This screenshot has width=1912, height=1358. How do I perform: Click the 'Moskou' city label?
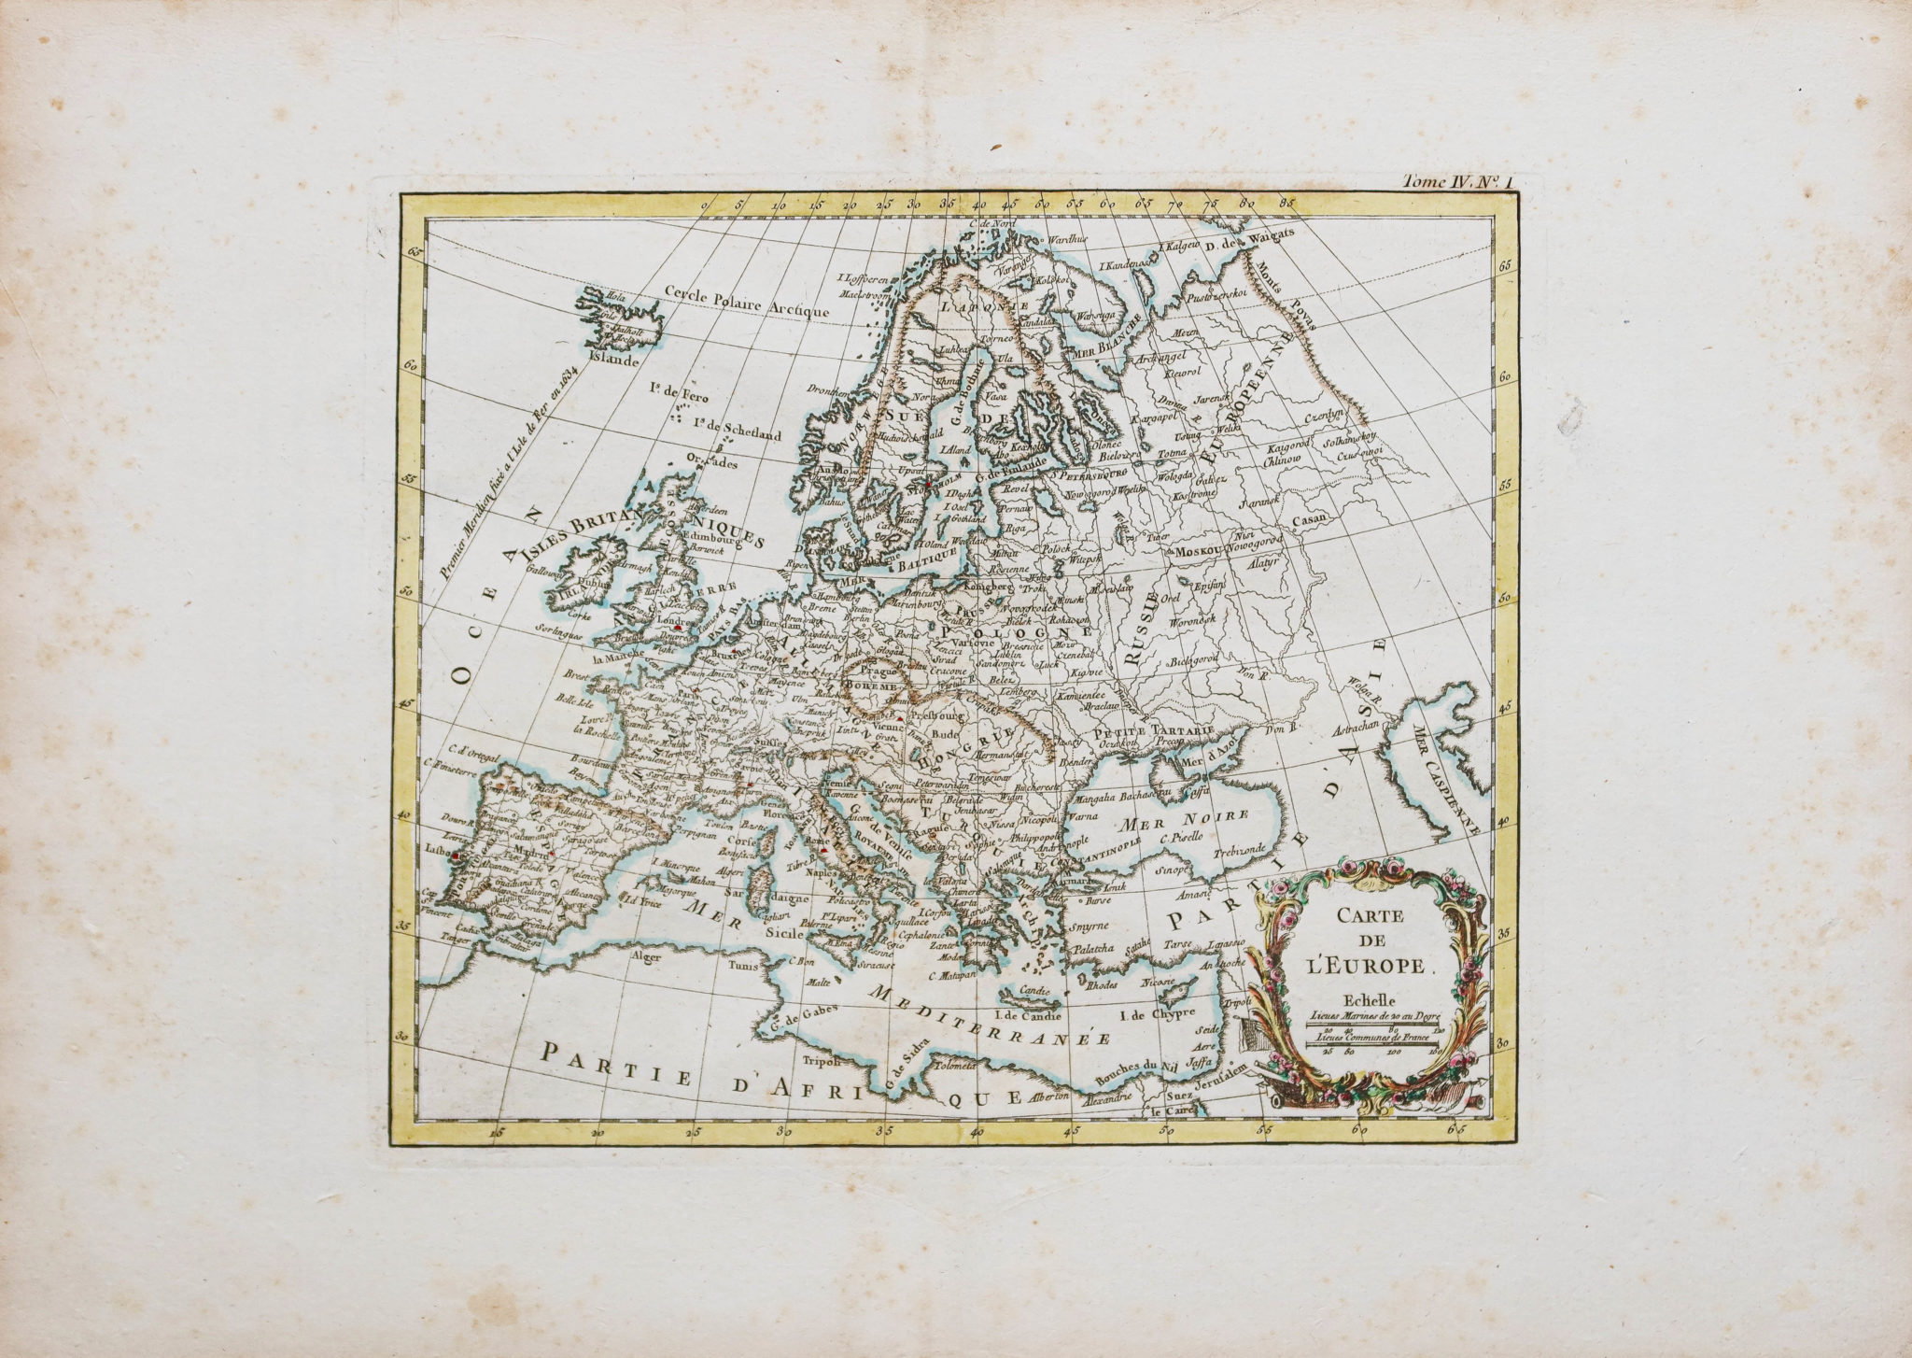(x=1201, y=552)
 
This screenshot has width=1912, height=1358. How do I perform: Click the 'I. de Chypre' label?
(x=1158, y=1013)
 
